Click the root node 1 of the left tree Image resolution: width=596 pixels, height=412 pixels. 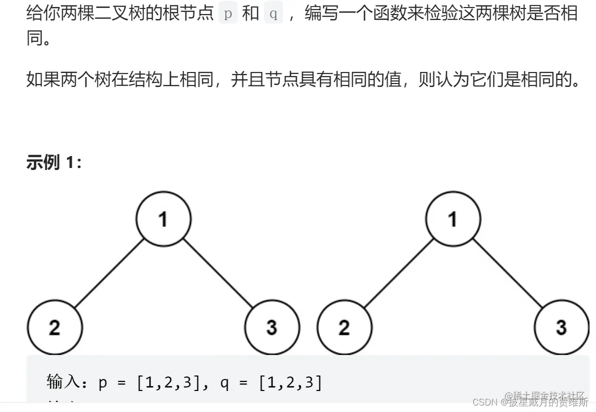pyautogui.click(x=163, y=218)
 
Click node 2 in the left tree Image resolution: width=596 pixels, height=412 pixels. pyautogui.click(x=54, y=327)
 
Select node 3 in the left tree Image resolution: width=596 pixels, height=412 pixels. pyautogui.click(x=272, y=327)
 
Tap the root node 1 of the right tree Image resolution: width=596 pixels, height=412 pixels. pyautogui.click(x=453, y=218)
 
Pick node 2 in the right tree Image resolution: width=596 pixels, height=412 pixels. pyautogui.click(x=344, y=327)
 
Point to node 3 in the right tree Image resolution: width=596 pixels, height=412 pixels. pyautogui.click(x=561, y=327)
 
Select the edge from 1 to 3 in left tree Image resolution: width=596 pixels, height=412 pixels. pyautogui.click(x=218, y=273)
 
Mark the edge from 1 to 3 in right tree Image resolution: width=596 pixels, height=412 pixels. pyautogui.click(x=507, y=273)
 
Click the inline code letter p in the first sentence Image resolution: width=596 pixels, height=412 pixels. pyautogui.click(x=228, y=13)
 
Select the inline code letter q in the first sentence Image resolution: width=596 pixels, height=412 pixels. pyautogui.click(x=273, y=13)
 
